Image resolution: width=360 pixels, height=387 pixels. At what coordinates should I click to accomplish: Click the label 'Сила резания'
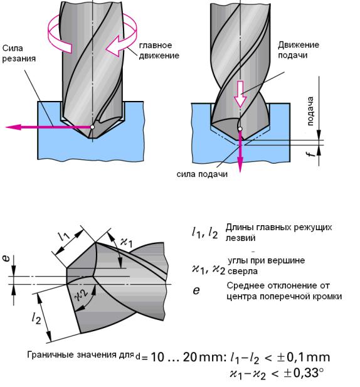19,53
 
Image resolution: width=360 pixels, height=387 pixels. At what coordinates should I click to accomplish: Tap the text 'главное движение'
159,50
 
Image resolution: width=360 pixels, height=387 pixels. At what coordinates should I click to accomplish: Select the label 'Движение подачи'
299,50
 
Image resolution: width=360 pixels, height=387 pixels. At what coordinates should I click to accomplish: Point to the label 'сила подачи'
202,174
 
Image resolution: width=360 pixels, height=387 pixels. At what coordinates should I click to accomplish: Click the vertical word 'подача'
310,111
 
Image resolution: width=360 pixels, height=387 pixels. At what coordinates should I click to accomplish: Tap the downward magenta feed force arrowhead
240,166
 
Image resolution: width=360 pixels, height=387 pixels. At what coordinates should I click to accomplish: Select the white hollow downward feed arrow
240,94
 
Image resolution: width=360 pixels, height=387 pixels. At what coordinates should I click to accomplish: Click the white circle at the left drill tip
92,127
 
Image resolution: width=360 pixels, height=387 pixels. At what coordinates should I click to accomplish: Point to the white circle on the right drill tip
240,129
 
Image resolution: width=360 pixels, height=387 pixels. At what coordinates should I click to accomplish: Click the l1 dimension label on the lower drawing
65,236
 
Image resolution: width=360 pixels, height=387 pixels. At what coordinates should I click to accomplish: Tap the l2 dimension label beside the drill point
36,318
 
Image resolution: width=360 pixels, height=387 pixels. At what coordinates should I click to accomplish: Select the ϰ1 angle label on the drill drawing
126,241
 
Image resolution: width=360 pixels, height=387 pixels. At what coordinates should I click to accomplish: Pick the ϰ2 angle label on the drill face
82,295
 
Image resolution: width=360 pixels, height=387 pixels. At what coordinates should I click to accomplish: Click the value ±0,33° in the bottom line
304,373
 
